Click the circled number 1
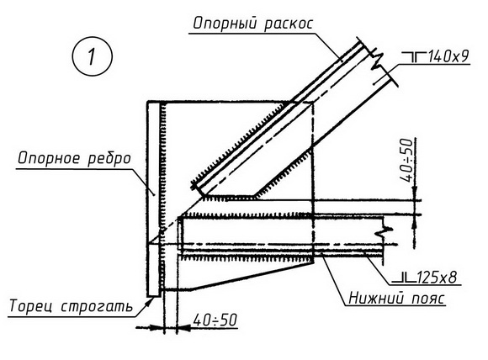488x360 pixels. [92, 56]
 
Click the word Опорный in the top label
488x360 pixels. [222, 24]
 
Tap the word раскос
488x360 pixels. [289, 24]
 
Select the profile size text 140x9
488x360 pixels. [448, 56]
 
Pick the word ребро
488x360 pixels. [109, 159]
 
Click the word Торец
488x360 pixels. [30, 306]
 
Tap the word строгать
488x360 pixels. [97, 306]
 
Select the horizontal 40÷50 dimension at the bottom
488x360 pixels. [215, 320]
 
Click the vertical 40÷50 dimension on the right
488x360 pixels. [407, 160]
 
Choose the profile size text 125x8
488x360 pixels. [436, 276]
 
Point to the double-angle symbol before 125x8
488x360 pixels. [404, 278]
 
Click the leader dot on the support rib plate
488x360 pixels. [153, 195]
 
